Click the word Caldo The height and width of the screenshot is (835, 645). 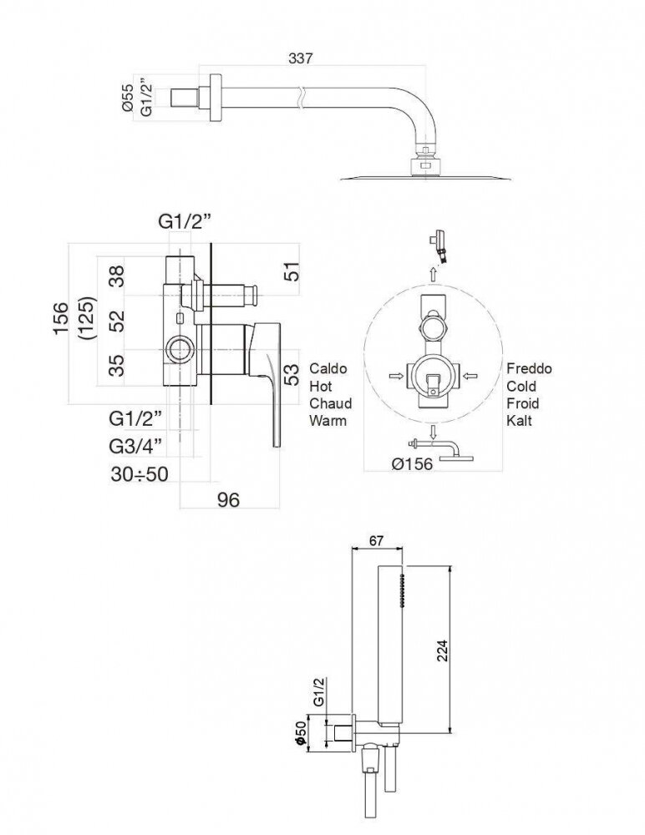click(328, 368)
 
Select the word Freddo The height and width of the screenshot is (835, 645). click(529, 368)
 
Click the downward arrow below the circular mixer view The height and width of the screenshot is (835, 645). click(434, 433)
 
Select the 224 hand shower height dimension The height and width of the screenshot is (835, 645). click(443, 646)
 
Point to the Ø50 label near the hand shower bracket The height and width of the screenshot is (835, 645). click(298, 731)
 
